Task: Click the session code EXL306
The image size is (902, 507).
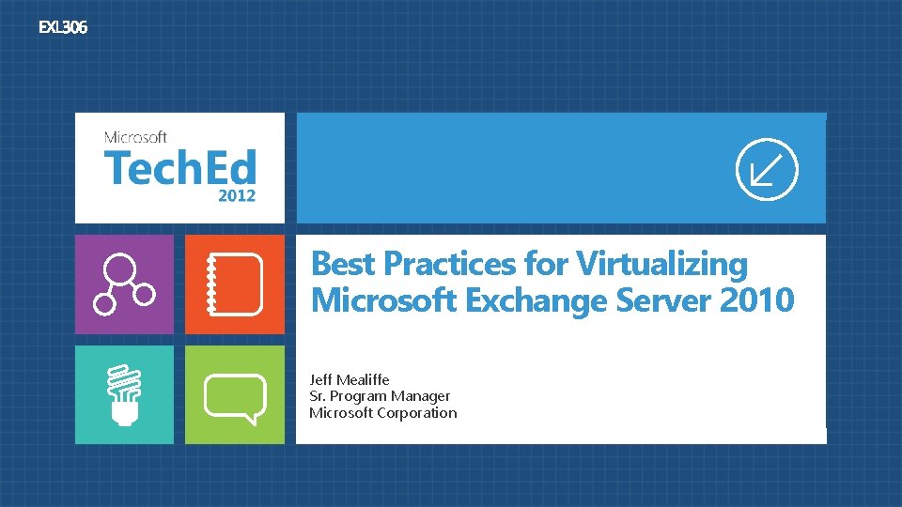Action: click(62, 28)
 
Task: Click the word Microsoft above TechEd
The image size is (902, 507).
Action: click(135, 138)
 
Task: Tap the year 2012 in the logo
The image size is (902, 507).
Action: click(237, 196)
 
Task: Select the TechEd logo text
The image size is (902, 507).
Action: click(179, 169)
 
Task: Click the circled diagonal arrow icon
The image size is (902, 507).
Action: click(767, 169)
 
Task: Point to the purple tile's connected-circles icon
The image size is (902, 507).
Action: click(123, 284)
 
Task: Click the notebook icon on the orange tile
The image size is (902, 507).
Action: click(235, 284)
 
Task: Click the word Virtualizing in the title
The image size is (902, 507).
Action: click(662, 264)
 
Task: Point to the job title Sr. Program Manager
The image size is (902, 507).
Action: click(380, 396)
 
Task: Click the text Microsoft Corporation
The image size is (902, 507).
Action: click(383, 413)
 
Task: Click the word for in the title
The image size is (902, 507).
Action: click(550, 264)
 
